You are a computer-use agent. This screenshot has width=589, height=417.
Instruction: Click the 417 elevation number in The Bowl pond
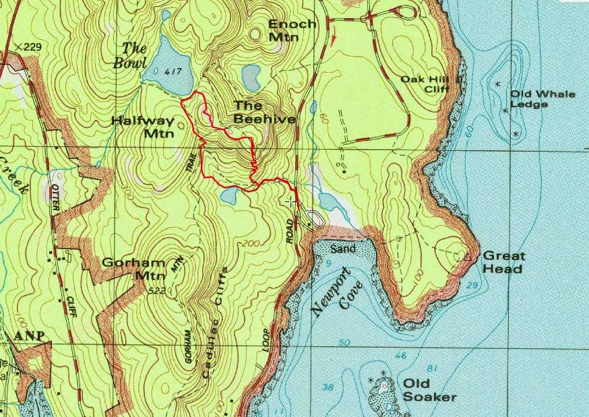click(x=173, y=71)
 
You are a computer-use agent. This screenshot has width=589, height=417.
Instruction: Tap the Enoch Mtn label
click(x=292, y=30)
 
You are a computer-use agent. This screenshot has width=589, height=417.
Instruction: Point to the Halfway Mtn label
click(x=143, y=127)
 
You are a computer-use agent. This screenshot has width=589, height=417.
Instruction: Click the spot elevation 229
click(x=30, y=46)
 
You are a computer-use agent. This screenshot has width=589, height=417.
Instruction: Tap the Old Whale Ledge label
click(x=542, y=99)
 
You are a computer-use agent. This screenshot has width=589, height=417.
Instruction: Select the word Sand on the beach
click(x=343, y=249)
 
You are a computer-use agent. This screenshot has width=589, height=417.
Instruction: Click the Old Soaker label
click(x=430, y=390)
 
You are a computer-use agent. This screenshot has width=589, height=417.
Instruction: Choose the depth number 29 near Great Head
click(x=472, y=287)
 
